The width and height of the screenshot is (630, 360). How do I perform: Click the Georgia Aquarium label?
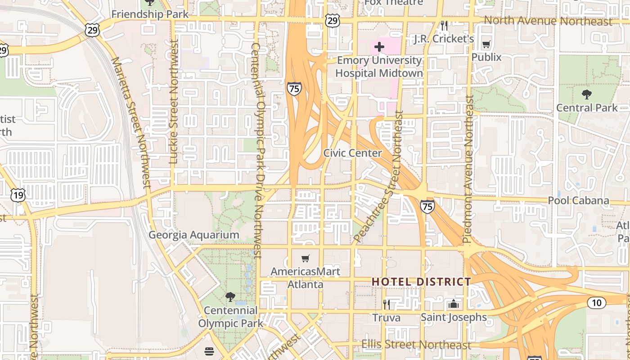point(193,235)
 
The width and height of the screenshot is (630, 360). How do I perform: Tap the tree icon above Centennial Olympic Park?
point(230,297)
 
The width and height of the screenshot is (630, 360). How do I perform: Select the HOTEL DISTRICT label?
point(421,282)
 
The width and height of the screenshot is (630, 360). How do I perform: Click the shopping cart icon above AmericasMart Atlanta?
point(306,258)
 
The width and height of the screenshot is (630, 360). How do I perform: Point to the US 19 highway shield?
point(18,195)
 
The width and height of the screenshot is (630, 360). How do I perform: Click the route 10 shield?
point(596,303)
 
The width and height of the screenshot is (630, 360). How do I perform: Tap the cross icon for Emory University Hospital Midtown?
point(379,46)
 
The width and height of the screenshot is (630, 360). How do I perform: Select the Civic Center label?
point(352,153)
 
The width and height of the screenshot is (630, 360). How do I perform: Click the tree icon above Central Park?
point(586,94)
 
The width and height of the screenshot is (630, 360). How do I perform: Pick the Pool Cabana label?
point(578,201)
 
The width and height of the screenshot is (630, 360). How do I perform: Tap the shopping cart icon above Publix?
point(486,44)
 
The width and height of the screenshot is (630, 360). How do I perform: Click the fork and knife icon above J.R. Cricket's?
point(444,26)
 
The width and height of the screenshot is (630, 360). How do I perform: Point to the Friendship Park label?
point(150,14)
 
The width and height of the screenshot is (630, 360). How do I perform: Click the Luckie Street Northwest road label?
point(174,101)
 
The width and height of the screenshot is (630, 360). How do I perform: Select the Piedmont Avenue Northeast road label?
point(468,169)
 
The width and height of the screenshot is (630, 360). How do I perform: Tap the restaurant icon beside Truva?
point(386,305)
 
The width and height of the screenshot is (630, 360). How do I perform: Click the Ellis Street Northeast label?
point(416,345)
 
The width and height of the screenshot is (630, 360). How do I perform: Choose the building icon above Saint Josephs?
point(454,304)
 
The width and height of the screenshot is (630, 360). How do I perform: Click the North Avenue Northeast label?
point(548,21)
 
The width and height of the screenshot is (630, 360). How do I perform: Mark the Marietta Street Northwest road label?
point(131,121)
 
